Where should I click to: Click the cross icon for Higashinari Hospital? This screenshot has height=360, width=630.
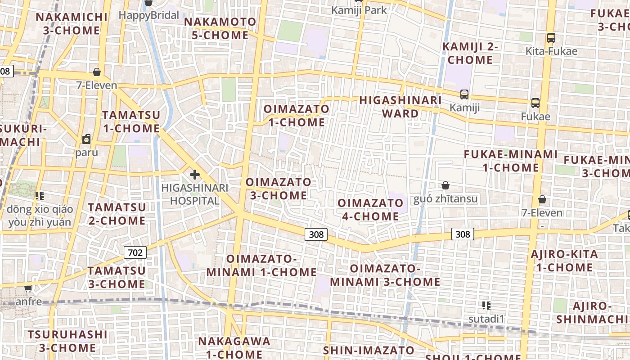pyautogui.click(x=195, y=174)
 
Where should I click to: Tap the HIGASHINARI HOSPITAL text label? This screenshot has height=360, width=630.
pyautogui.click(x=195, y=194)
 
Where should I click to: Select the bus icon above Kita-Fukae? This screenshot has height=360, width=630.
pyautogui.click(x=551, y=38)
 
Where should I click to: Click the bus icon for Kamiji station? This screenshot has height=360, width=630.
pyautogui.click(x=464, y=94)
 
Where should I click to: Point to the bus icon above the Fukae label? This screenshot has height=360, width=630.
pyautogui.click(x=535, y=103)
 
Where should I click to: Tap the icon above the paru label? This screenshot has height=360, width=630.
pyautogui.click(x=86, y=139)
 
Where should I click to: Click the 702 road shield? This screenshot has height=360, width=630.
pyautogui.click(x=135, y=252)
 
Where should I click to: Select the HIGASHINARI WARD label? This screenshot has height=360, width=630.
pyautogui.click(x=400, y=107)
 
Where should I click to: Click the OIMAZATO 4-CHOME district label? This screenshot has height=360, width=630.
pyautogui.click(x=370, y=210)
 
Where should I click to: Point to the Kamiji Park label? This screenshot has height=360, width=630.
pyautogui.click(x=359, y=10)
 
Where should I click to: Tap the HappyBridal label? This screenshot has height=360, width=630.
pyautogui.click(x=148, y=15)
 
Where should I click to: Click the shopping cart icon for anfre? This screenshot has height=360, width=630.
pyautogui.click(x=28, y=288)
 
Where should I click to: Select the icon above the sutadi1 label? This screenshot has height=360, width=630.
pyautogui.click(x=486, y=306)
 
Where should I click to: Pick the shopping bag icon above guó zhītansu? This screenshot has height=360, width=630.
pyautogui.click(x=445, y=185)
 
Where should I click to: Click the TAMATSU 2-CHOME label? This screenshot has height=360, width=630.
pyautogui.click(x=117, y=214)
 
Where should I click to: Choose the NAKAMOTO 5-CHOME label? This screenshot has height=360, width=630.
pyautogui.click(x=220, y=28)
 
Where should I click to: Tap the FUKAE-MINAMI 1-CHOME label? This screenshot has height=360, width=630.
pyautogui.click(x=511, y=161)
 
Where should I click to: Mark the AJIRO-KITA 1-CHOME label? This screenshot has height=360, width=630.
pyautogui.click(x=564, y=261)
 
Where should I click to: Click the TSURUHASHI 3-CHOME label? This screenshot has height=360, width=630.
pyautogui.click(x=67, y=341)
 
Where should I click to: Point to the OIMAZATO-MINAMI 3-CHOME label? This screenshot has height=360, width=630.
pyautogui.click(x=385, y=275)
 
